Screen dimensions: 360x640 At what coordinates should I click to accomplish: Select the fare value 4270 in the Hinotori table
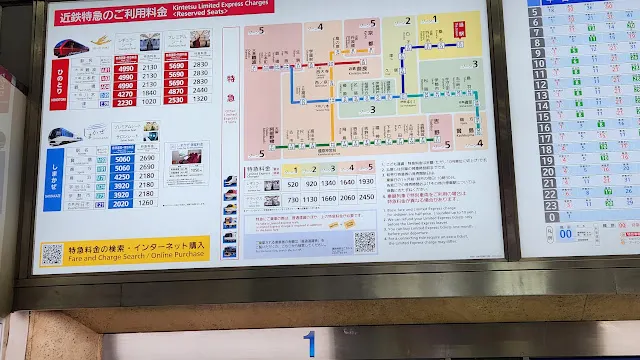(126, 90)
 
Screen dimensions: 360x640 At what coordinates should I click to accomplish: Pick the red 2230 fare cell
(126, 101)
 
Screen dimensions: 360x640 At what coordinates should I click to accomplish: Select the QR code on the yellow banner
(53, 253)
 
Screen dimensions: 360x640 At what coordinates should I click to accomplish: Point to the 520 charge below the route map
(292, 184)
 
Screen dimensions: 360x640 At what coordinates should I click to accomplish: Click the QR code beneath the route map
(365, 241)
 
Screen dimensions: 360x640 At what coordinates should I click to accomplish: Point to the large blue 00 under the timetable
(566, 233)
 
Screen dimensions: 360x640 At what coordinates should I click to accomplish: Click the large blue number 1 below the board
(309, 344)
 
